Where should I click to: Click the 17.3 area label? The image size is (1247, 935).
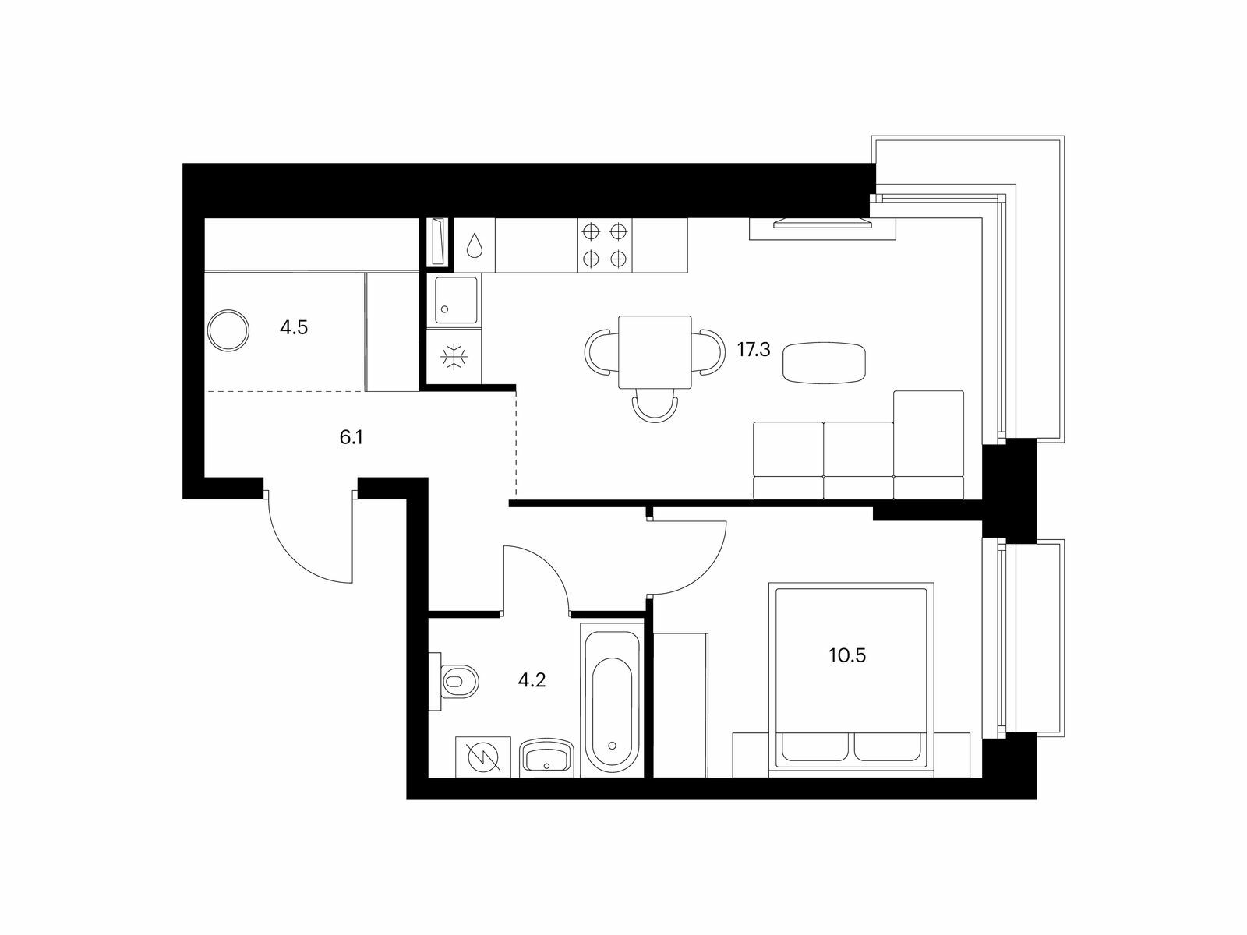[x=754, y=350]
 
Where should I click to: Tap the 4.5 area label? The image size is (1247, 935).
[x=294, y=327]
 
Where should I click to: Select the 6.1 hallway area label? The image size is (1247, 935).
[x=351, y=437]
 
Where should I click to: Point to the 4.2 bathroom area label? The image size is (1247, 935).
[x=532, y=679]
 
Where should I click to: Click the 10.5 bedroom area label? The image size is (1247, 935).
[x=847, y=656]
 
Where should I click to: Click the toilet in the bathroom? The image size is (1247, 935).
[x=454, y=681]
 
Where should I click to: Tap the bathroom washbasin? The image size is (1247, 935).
[x=546, y=757]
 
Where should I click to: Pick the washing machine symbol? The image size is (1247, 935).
[x=483, y=757]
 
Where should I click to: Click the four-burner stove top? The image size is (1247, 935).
[x=605, y=245]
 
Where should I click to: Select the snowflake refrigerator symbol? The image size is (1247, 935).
[x=454, y=357]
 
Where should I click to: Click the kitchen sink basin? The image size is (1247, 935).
[x=456, y=300]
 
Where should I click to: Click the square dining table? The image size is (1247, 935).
[x=655, y=352]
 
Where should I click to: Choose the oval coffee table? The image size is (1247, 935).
[x=825, y=362]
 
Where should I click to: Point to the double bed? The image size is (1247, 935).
[x=851, y=679]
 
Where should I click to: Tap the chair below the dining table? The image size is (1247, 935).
[x=655, y=407]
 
